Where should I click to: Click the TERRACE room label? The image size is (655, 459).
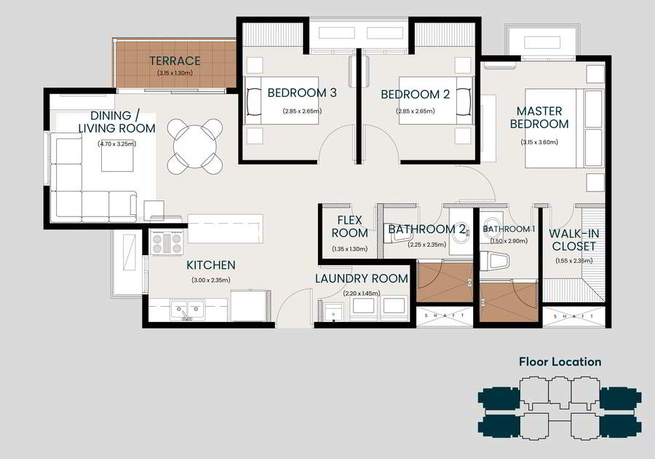(x=175, y=61)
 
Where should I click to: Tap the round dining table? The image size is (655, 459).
(x=194, y=146)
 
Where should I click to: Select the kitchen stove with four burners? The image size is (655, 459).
(x=167, y=243)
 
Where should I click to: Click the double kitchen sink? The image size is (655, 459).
(x=188, y=310)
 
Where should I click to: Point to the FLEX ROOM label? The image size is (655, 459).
(x=350, y=227)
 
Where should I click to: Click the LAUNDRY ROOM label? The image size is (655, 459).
(x=361, y=279)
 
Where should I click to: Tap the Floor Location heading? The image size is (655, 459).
(x=560, y=361)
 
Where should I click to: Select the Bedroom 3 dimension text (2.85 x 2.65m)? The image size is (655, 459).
(x=302, y=111)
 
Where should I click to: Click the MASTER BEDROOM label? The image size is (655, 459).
(x=539, y=117)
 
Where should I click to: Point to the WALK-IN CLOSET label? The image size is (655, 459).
(x=574, y=240)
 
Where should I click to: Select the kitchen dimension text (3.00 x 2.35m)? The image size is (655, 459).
(x=210, y=280)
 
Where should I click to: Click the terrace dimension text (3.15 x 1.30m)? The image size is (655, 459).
(x=175, y=73)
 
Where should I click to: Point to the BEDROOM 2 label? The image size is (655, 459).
(x=416, y=95)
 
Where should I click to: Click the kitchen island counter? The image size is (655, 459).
(x=226, y=229)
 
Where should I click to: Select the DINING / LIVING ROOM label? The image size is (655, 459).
(x=117, y=122)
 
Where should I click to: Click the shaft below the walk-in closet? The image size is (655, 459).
(x=574, y=316)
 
